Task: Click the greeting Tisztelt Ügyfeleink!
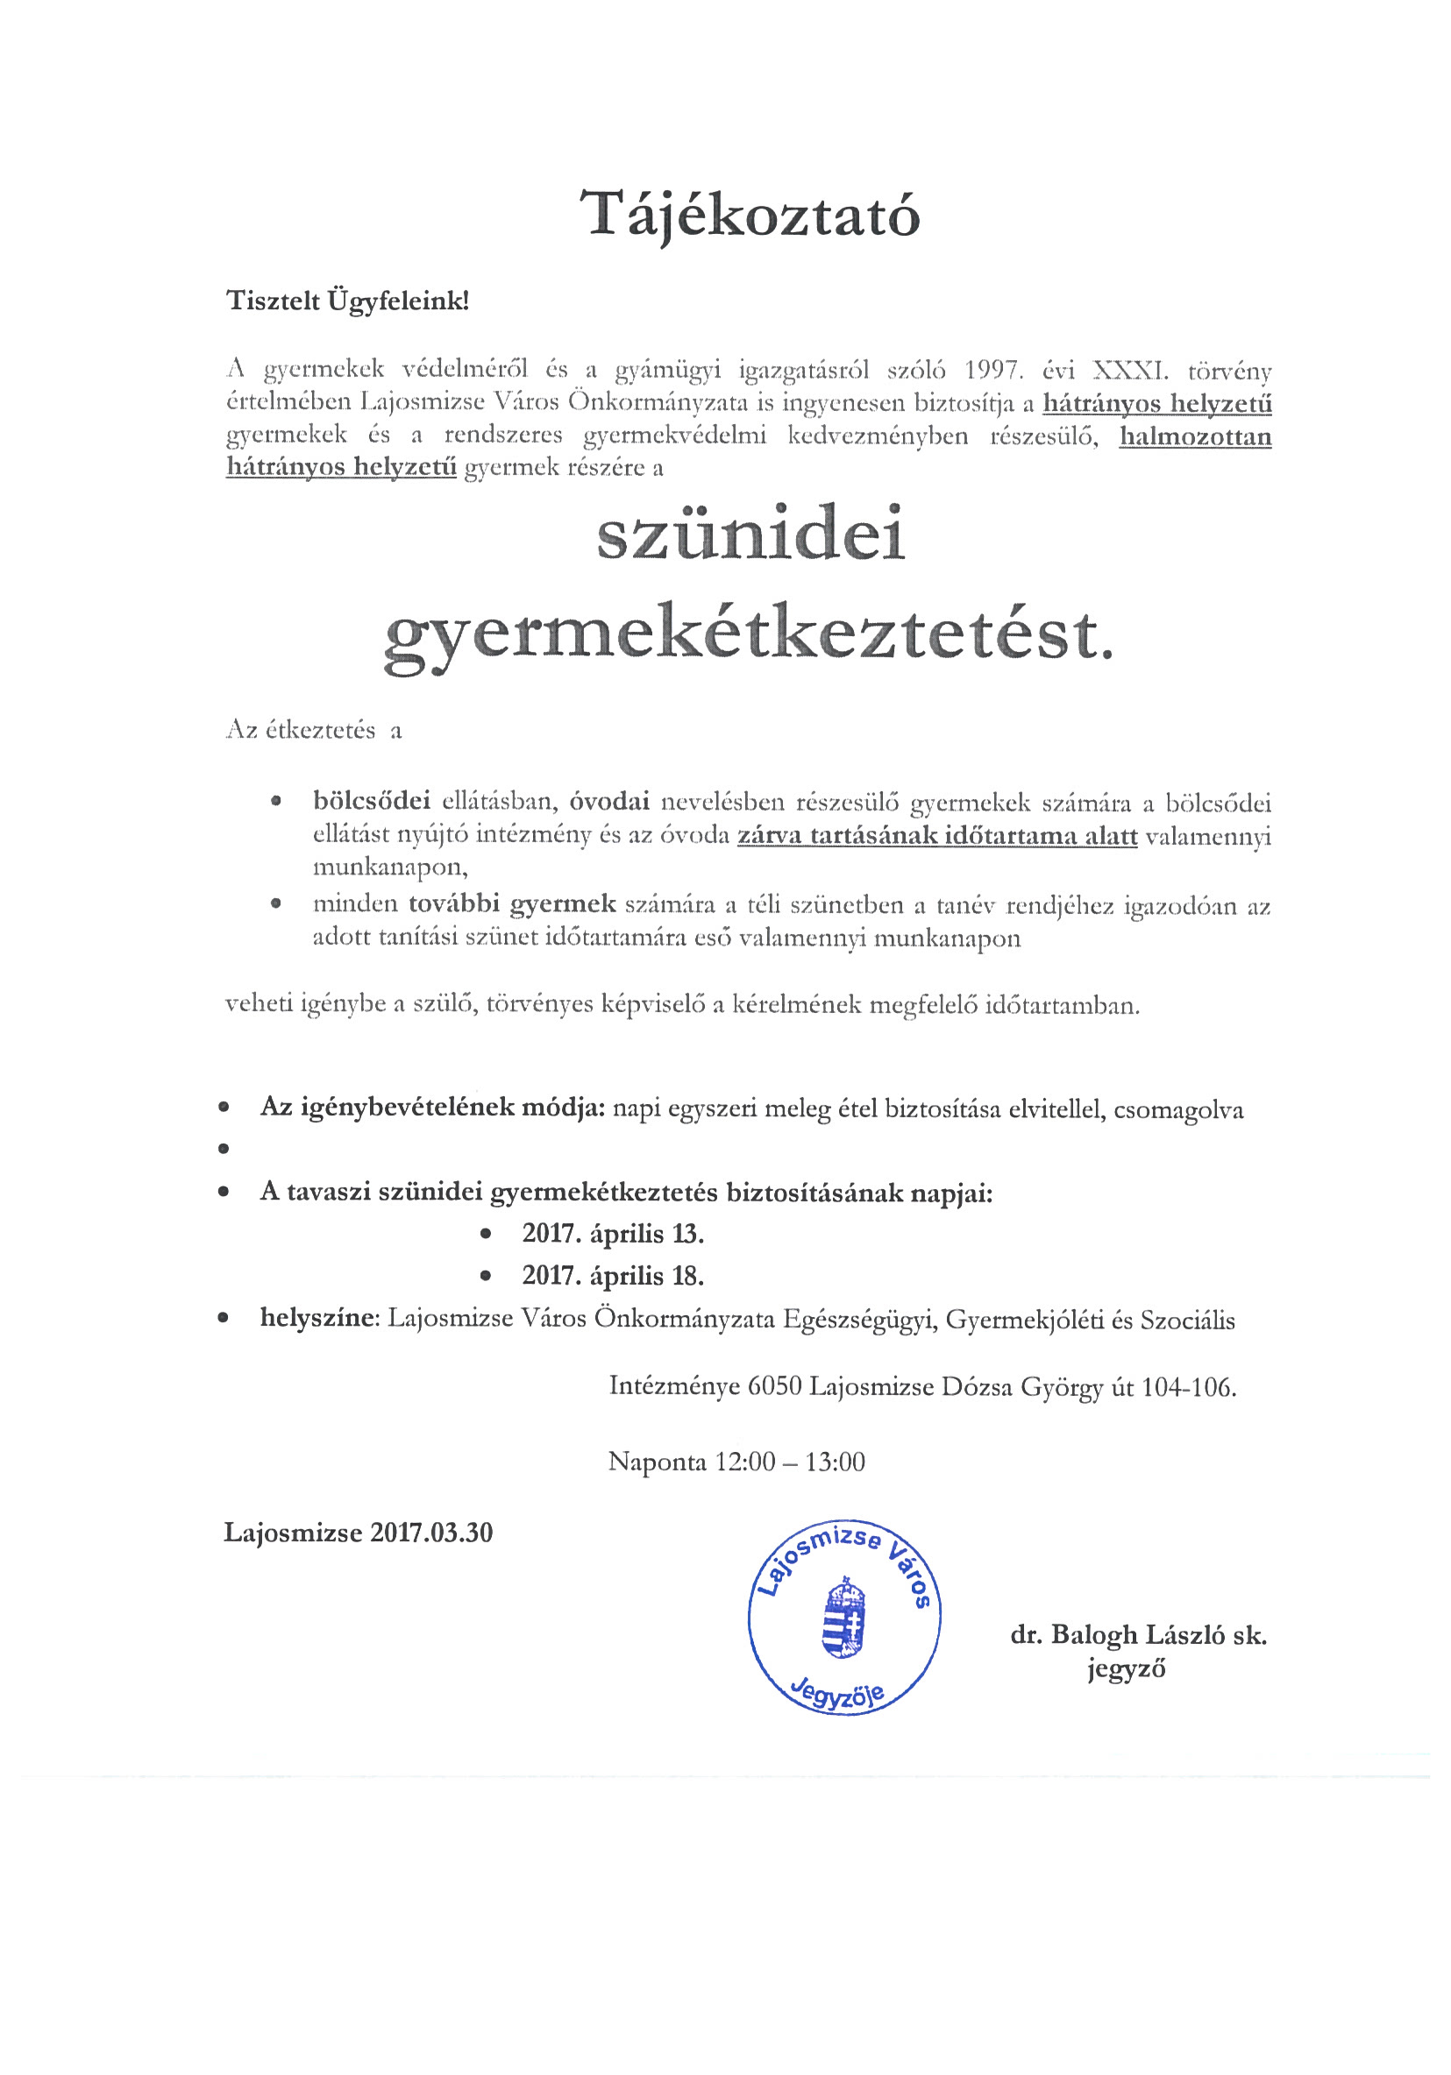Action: pyautogui.click(x=347, y=301)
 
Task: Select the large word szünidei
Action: pyautogui.click(x=750, y=536)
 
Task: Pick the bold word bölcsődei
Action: pyautogui.click(x=372, y=802)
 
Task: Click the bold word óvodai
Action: pyautogui.click(x=609, y=802)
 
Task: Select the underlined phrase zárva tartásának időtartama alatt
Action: pyautogui.click(x=936, y=836)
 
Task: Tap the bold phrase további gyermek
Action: pyautogui.click(x=512, y=903)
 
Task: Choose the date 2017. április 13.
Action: pyautogui.click(x=612, y=1234)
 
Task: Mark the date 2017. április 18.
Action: pyautogui.click(x=612, y=1275)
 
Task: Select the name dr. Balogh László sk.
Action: pyautogui.click(x=1138, y=1635)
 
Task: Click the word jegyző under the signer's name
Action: pyautogui.click(x=1126, y=1668)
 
